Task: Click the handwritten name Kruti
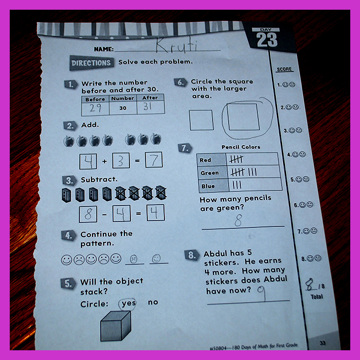177,45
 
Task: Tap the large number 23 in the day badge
267,40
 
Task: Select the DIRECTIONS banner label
91,63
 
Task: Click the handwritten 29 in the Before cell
95,107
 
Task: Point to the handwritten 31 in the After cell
147,106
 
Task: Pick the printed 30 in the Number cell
123,108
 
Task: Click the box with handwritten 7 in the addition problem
154,160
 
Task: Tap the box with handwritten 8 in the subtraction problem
88,214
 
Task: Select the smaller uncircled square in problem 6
201,120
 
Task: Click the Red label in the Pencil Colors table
205,160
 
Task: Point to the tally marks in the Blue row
237,185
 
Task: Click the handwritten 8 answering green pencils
238,220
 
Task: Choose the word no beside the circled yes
153,302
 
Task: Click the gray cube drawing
116,326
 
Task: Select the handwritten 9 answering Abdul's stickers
262,292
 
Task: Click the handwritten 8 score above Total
310,284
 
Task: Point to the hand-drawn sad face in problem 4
134,259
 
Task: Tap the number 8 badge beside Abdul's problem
192,255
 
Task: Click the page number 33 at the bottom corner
323,343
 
